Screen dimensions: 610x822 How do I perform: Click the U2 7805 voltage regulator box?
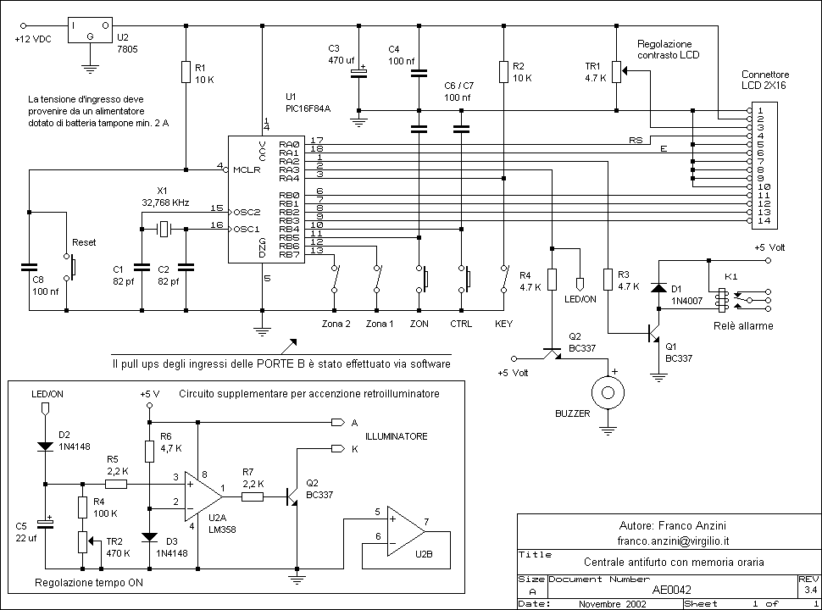pyautogui.click(x=90, y=30)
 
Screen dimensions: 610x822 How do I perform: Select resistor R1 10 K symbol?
pyautogui.click(x=185, y=72)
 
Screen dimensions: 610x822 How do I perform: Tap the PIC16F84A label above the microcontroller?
pyautogui.click(x=308, y=108)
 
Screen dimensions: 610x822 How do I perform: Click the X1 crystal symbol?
pyautogui.click(x=164, y=228)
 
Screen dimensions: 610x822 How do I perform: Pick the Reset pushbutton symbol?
pyautogui.click(x=72, y=265)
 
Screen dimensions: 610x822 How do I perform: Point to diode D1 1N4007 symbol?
pyautogui.click(x=658, y=288)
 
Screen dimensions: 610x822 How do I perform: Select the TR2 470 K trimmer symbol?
pyautogui.click(x=83, y=541)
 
